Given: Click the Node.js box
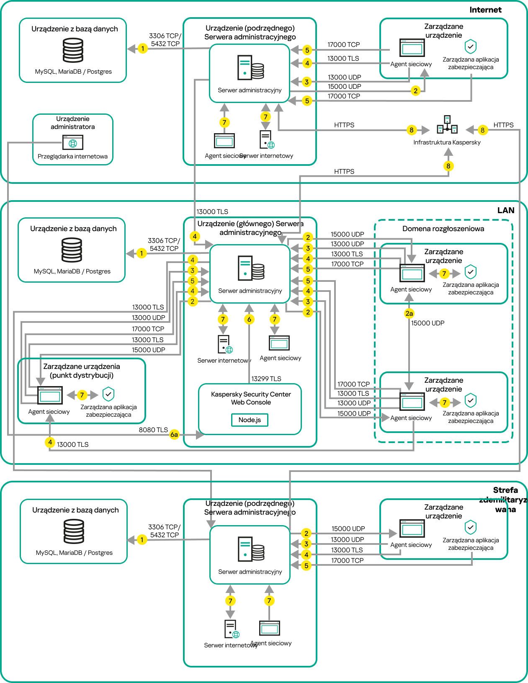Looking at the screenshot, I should pyautogui.click(x=250, y=420).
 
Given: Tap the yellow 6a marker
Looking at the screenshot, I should pyautogui.click(x=174, y=435).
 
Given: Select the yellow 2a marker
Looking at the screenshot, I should pyautogui.click(x=409, y=313).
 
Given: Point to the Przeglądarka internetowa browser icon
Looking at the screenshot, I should pyautogui.click(x=73, y=142).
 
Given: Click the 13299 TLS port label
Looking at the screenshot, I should pyautogui.click(x=266, y=379).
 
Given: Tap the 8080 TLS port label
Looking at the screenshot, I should pyautogui.click(x=153, y=430).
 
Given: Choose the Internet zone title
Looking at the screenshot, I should pyautogui.click(x=485, y=10).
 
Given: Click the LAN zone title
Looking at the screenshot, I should pyautogui.click(x=506, y=211).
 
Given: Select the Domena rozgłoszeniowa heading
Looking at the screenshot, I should pyautogui.click(x=443, y=229).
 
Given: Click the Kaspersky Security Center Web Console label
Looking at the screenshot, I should pyautogui.click(x=251, y=398).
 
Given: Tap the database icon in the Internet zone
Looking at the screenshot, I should pyautogui.click(x=73, y=50).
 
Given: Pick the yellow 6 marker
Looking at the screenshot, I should pyautogui.click(x=249, y=320).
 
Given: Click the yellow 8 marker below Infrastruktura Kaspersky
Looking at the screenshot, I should pyautogui.click(x=448, y=166).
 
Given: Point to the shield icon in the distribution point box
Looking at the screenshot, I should pyautogui.click(x=108, y=394).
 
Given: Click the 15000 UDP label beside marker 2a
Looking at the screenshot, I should pyautogui.click(x=428, y=323).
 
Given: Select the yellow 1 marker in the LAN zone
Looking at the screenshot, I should pyautogui.click(x=142, y=253).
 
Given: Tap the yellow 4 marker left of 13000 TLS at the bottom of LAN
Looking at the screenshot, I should pyautogui.click(x=50, y=442).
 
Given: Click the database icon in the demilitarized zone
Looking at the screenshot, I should pyautogui.click(x=74, y=531).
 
